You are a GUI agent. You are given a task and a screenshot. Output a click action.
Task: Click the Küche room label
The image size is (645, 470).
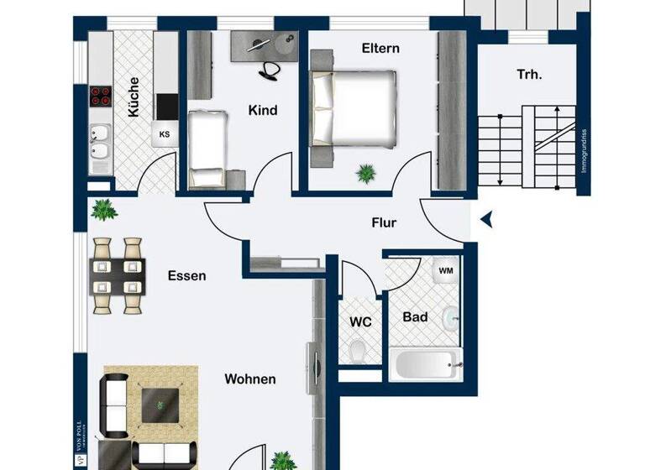(133, 97)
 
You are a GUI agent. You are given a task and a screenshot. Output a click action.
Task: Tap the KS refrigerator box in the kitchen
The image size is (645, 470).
(165, 133)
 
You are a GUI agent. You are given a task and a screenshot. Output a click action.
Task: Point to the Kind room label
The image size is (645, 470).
(263, 110)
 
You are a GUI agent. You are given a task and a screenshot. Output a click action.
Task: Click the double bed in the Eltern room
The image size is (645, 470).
(353, 108)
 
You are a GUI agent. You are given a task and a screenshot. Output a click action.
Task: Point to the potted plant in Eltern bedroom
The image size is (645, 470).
(366, 174)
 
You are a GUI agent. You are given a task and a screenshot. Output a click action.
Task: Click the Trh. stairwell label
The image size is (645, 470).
(529, 74)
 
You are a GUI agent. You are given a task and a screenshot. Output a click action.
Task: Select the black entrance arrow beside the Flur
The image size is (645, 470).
(486, 221)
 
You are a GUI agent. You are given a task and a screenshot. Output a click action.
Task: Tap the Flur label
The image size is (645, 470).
(384, 223)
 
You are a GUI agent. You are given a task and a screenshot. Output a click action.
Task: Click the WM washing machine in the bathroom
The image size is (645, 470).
(446, 271)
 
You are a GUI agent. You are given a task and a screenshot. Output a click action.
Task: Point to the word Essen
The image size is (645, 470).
(186, 275)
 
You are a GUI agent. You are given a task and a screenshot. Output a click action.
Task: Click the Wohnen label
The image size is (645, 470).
(249, 379)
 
